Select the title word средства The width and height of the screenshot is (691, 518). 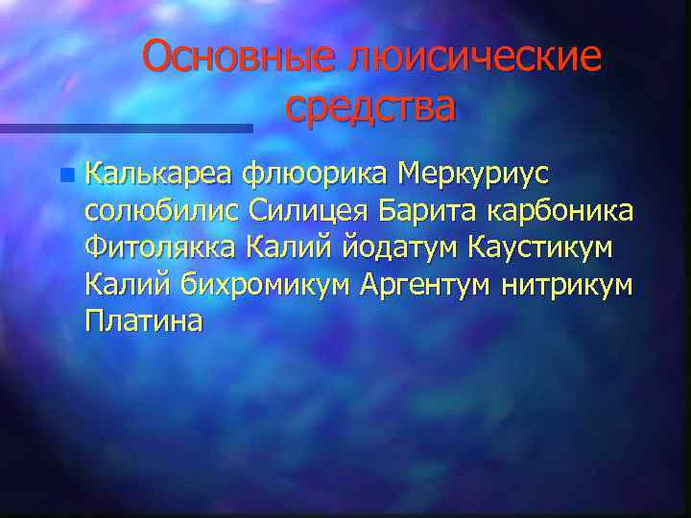point(369,106)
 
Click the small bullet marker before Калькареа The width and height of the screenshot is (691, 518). point(65,176)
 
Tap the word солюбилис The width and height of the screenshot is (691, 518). point(162,211)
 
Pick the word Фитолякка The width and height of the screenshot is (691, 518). point(159,248)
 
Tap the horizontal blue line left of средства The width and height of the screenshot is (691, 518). point(125,128)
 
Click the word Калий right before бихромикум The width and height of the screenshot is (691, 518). point(120,285)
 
